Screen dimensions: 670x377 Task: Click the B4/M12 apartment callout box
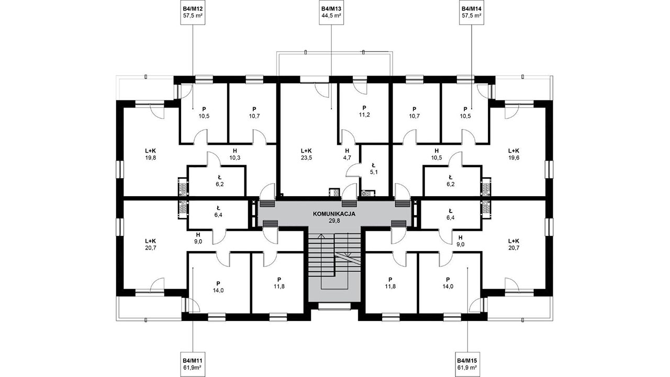(x=193, y=12)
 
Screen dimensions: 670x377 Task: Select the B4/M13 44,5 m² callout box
(x=331, y=12)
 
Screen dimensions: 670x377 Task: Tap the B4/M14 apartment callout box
(x=472, y=12)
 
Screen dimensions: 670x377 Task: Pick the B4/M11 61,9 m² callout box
(x=193, y=364)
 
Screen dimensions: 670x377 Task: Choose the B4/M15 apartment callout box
(x=467, y=364)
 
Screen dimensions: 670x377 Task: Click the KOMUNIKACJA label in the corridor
(x=334, y=214)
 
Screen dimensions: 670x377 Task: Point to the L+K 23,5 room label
(x=306, y=154)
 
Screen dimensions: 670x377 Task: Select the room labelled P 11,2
(x=364, y=111)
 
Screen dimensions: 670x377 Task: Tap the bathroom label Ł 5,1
(x=373, y=168)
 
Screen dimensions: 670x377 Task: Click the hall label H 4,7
(x=347, y=154)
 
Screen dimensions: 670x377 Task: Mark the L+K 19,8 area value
(x=150, y=158)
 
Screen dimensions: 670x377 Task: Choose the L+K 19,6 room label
(x=513, y=154)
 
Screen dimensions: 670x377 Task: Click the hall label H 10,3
(x=235, y=154)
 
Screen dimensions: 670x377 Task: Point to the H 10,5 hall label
(x=437, y=154)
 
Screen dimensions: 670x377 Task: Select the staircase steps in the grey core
(x=334, y=256)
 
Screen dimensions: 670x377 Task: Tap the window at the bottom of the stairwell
(x=334, y=306)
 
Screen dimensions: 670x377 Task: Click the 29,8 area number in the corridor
(x=334, y=221)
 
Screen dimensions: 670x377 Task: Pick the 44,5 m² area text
(x=331, y=16)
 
